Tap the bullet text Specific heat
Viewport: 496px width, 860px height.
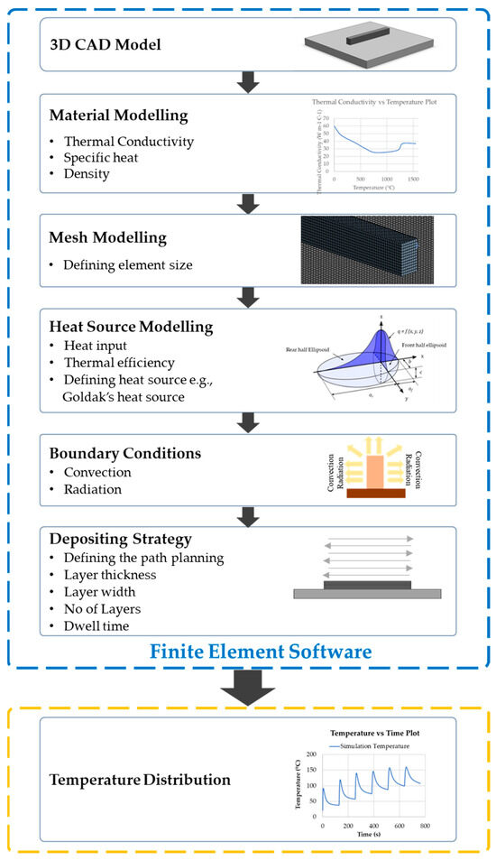[x=104, y=156]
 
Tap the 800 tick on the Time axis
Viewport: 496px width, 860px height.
[x=425, y=826]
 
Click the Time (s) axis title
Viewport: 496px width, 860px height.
[x=374, y=836]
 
